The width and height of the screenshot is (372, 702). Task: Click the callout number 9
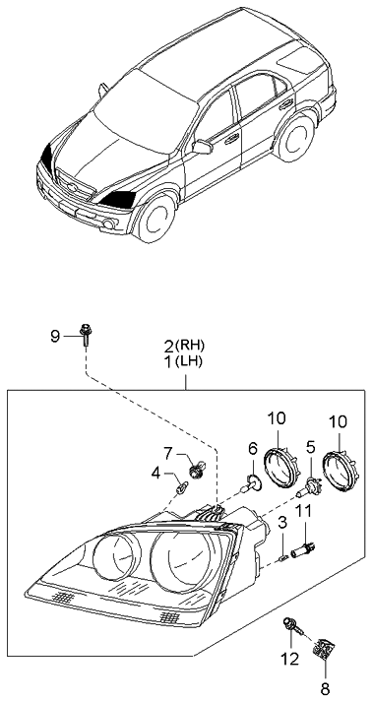55,338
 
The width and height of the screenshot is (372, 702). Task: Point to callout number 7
168,453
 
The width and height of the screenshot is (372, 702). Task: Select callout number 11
305,510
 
